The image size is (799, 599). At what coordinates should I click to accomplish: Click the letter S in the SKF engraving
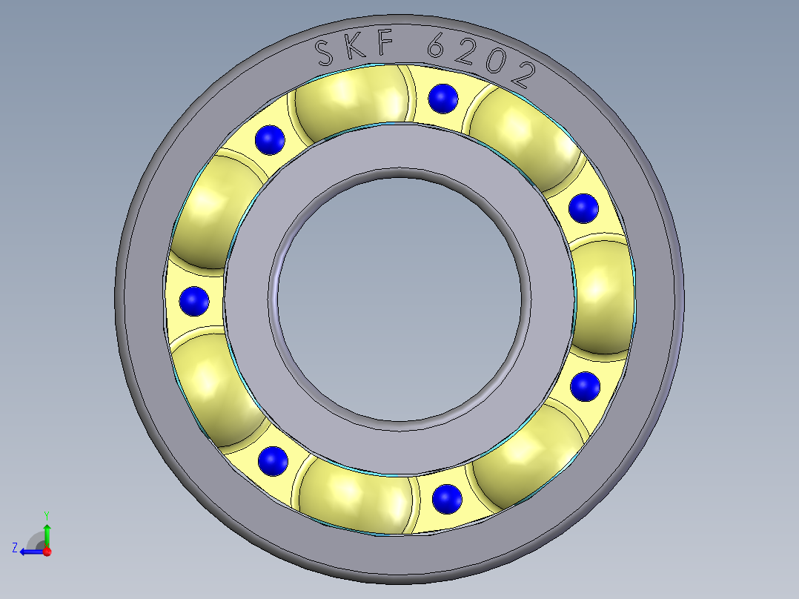(324, 52)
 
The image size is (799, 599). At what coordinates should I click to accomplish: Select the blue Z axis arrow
(30, 552)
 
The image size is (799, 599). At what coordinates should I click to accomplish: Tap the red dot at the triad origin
(47, 552)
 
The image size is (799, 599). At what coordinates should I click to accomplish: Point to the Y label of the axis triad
(46, 514)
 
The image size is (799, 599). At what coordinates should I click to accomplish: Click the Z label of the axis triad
(15, 548)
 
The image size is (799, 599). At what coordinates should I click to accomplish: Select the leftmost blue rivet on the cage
(194, 301)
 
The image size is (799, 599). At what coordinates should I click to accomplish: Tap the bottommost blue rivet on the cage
(445, 498)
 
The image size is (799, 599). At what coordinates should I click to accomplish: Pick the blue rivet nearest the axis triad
(273, 461)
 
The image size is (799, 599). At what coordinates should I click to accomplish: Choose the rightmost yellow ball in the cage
(604, 297)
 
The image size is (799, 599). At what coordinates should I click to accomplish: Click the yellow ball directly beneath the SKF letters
(352, 104)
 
